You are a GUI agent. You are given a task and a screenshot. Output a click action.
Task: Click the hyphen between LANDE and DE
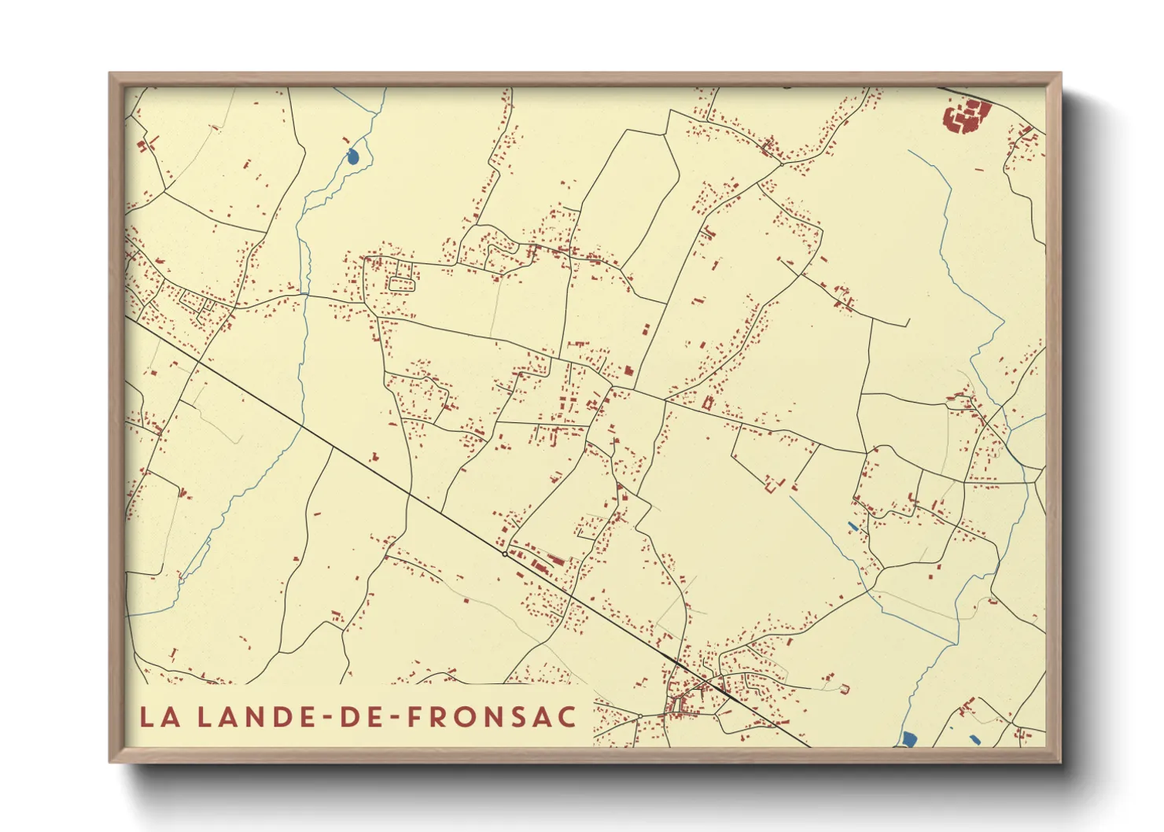pos(323,718)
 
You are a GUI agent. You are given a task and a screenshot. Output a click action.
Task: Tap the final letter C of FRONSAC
pos(568,716)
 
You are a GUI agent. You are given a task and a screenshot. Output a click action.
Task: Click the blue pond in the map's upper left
pos(352,156)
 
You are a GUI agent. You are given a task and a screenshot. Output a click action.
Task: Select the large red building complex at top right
pos(964,117)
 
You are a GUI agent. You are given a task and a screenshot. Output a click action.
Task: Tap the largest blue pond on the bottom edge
pos(909,739)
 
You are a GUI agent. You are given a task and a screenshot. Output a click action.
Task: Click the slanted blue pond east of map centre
pos(853,525)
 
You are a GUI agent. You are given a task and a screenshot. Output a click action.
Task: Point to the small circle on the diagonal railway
pos(504,554)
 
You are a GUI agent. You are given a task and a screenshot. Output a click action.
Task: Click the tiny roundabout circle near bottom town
pos(639,716)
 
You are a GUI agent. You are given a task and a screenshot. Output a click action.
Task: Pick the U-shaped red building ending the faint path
pos(845,688)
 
